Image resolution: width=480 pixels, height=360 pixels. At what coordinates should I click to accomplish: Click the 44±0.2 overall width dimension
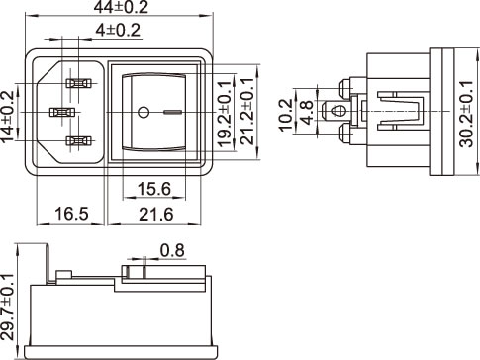pos(121,7)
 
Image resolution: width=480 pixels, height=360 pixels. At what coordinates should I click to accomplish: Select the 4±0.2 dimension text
pos(118,30)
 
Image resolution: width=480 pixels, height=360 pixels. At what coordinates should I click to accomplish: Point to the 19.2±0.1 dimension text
pos(225,114)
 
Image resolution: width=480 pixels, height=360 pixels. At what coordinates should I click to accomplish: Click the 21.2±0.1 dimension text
pos(247,112)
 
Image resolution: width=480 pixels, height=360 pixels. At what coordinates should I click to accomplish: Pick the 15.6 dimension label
pos(154,189)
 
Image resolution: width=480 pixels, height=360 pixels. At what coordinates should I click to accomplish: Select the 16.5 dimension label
pos(71,214)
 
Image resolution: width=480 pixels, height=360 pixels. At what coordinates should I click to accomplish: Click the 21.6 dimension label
pos(156,215)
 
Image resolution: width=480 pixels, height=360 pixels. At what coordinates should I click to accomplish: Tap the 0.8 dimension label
pos(172,250)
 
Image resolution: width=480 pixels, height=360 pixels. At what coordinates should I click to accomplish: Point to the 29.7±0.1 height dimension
pos(7,307)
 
